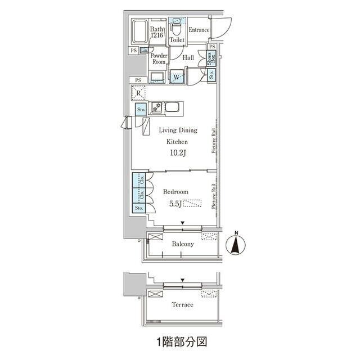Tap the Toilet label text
pos(177,40)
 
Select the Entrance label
pos(199,30)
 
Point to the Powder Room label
pos(159,59)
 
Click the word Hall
pos(189,57)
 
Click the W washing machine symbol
pos(177,78)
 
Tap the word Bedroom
pos(175,192)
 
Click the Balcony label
pos(183,244)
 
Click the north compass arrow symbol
pos(237,246)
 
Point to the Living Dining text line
pos(178,130)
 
